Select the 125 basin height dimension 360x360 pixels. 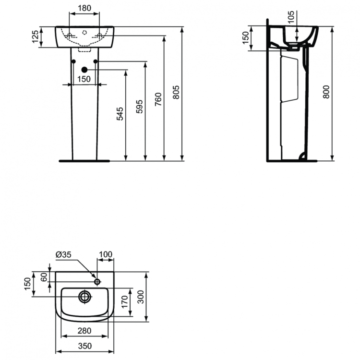pyautogui.click(x=35, y=37)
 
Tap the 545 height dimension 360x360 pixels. pyautogui.click(x=120, y=114)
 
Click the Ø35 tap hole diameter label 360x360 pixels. pyautogui.click(x=63, y=254)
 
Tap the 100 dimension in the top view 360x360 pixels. pyautogui.click(x=106, y=254)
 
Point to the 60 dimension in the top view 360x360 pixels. pyautogui.click(x=44, y=277)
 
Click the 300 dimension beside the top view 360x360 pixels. pyautogui.click(x=140, y=298)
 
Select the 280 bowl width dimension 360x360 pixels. pyautogui.click(x=84, y=331)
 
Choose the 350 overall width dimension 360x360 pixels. pyautogui.click(x=84, y=346)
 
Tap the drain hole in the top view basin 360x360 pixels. pyautogui.click(x=85, y=297)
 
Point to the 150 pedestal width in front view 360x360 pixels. pyautogui.click(x=84, y=79)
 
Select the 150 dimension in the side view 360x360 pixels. pyautogui.click(x=245, y=37)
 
